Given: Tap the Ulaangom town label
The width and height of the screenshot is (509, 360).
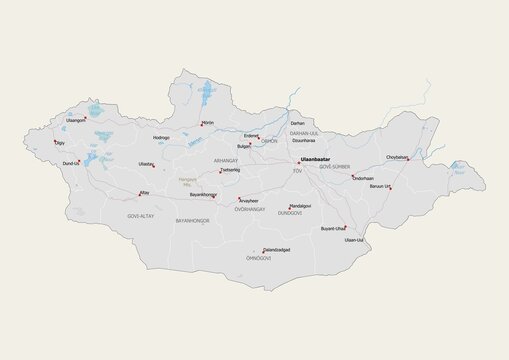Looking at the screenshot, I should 76,120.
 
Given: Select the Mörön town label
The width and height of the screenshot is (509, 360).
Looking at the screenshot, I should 208,122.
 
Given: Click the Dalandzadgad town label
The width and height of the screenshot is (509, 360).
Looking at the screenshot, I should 277,249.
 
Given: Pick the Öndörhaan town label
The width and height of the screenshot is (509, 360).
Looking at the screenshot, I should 361,178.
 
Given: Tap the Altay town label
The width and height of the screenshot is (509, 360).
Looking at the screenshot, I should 144,189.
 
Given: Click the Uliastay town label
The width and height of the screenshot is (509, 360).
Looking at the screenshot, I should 146,163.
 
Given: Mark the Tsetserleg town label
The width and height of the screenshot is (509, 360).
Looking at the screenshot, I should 230,170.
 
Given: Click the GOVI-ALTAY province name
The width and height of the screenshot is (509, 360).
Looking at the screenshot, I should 141,215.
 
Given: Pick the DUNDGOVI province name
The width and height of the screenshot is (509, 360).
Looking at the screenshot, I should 289,213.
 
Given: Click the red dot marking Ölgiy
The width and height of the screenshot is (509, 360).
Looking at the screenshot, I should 56,141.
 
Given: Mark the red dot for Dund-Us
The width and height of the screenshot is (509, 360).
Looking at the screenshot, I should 83,161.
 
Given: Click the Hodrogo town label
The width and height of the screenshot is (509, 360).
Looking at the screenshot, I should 161,137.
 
